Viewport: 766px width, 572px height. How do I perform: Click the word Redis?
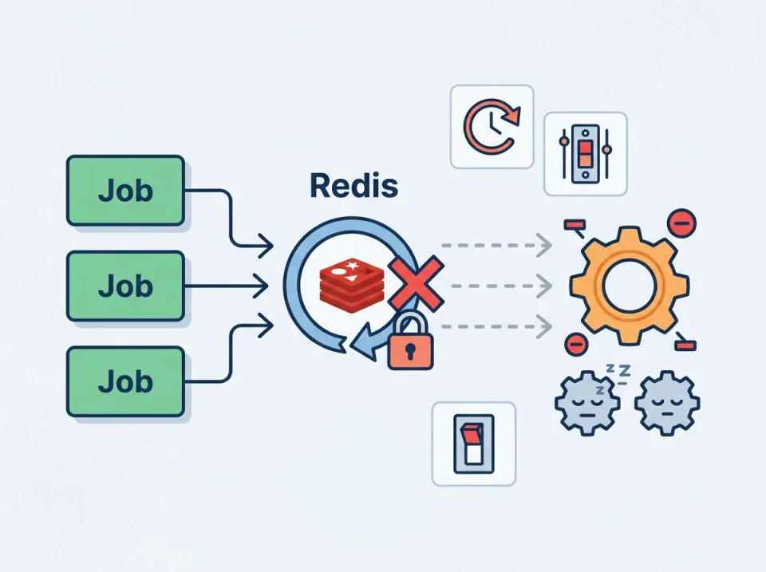click(x=353, y=186)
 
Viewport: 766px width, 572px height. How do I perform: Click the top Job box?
click(x=125, y=191)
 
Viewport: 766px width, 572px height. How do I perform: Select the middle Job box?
click(x=125, y=286)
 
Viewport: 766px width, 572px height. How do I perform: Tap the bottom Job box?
click(x=125, y=381)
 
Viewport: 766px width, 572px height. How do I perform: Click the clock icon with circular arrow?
click(x=491, y=127)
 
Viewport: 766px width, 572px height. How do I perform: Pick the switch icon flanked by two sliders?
click(x=585, y=154)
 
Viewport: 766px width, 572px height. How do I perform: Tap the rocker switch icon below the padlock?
click(x=473, y=444)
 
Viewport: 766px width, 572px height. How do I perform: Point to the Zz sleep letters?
click(x=617, y=369)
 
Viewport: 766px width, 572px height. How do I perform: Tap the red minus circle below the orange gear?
click(x=574, y=345)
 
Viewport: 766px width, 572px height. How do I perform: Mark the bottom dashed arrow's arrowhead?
click(x=546, y=325)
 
